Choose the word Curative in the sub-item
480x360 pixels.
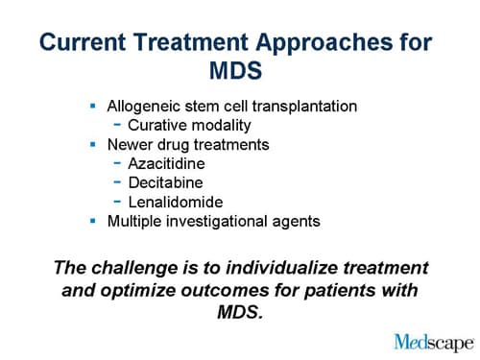[x=158, y=125]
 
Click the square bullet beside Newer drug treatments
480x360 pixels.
[x=93, y=144]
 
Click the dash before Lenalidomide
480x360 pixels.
[x=118, y=202]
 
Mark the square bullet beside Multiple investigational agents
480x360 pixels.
[x=93, y=221]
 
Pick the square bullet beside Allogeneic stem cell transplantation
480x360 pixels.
[x=93, y=106]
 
